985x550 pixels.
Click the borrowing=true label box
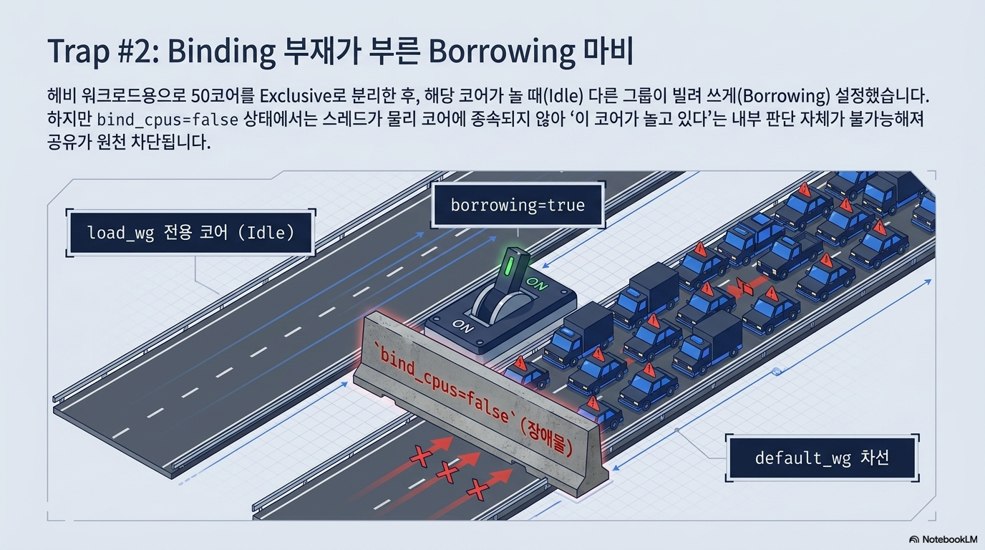point(518,205)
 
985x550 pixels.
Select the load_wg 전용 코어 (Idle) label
point(191,233)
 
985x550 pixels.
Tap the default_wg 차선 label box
point(823,458)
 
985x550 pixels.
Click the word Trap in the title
point(78,52)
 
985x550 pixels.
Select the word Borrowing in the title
point(502,52)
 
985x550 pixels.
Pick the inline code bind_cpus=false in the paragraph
point(168,120)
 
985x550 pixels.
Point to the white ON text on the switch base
point(463,326)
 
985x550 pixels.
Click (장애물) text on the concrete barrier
point(546,436)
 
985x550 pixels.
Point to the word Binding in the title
point(221,52)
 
